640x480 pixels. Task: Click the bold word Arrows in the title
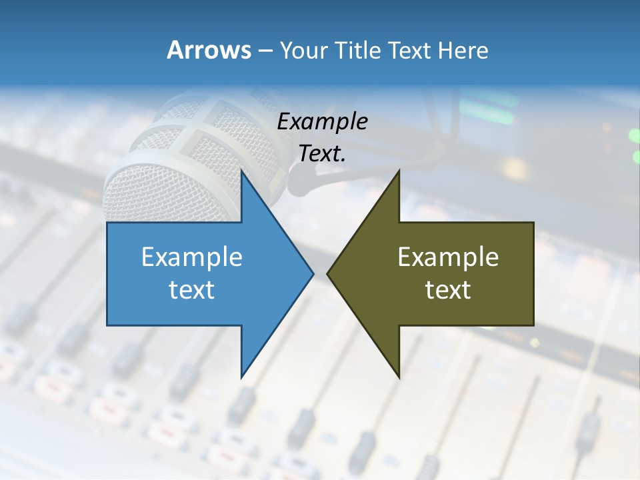(208, 50)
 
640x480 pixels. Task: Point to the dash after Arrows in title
(265, 51)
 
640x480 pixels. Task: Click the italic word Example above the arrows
(322, 121)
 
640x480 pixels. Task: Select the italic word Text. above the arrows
(322, 153)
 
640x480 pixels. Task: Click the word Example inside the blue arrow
(191, 257)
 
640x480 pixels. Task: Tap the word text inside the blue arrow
(191, 289)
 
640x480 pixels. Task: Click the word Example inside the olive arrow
(448, 257)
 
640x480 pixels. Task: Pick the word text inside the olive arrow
(448, 289)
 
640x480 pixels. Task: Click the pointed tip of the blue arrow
(312, 273)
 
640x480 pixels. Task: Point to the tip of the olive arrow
(329, 273)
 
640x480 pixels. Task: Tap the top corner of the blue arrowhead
(242, 172)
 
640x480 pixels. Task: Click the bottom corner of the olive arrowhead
(399, 377)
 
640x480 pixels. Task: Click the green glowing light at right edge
(633, 137)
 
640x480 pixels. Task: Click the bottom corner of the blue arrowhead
(242, 377)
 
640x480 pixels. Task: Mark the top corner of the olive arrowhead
(399, 172)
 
